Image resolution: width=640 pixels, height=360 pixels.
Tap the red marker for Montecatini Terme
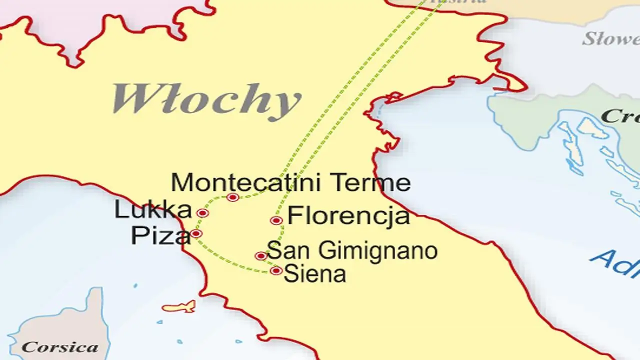pyautogui.click(x=232, y=197)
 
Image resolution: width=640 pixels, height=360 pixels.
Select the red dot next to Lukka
pyautogui.click(x=202, y=213)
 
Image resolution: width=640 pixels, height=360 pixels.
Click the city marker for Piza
pyautogui.click(x=196, y=233)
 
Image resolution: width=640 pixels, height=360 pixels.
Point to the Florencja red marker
pyautogui.click(x=276, y=220)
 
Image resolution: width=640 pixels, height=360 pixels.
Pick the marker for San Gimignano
pyautogui.click(x=260, y=256)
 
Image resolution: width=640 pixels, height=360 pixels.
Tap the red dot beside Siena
pyautogui.click(x=276, y=271)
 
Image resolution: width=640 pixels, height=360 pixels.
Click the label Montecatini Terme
pyautogui.click(x=290, y=183)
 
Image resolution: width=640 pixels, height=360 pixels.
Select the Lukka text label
pyautogui.click(x=152, y=210)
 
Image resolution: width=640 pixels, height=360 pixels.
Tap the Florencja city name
pyautogui.click(x=348, y=217)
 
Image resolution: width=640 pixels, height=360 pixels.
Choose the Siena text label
pyautogui.click(x=314, y=274)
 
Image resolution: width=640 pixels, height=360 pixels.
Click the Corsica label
pyautogui.click(x=59, y=346)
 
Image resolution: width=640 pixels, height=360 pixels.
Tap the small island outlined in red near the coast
pyautogui.click(x=178, y=306)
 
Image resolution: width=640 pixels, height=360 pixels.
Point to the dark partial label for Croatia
pyautogui.click(x=620, y=116)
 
